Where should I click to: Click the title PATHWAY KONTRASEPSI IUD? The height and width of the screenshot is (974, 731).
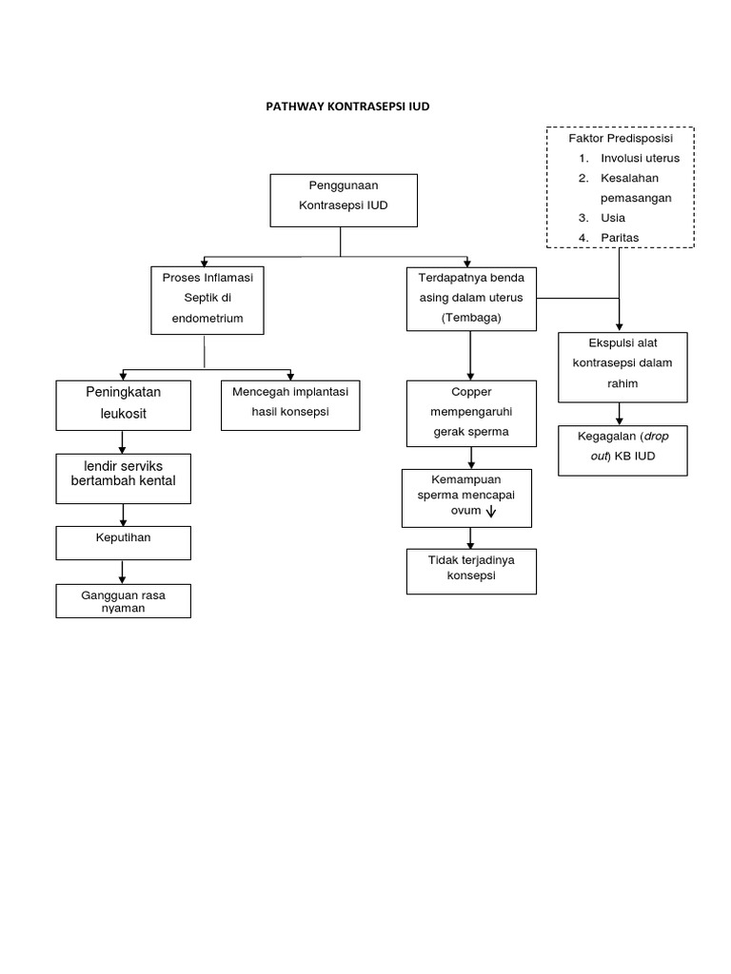347,107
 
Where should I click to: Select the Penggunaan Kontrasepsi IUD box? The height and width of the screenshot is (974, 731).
344,200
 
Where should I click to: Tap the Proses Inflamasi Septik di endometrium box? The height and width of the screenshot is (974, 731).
207,300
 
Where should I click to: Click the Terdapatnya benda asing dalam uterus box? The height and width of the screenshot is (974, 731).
471,299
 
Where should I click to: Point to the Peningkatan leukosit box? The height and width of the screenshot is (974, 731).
122,404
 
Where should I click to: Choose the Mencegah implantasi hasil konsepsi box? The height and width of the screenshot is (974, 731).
290,404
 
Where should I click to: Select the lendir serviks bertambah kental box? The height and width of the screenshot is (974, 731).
123,477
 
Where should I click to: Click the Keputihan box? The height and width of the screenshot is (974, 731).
123,542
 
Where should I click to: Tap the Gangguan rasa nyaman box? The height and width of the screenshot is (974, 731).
123,601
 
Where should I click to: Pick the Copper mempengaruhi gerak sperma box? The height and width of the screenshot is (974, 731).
471,413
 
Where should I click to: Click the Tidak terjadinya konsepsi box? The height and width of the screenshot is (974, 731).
471,571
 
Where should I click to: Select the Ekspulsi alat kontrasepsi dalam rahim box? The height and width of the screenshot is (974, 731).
622,365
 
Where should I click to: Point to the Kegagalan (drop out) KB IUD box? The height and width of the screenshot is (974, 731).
622,449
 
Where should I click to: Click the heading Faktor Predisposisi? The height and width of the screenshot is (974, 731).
620,139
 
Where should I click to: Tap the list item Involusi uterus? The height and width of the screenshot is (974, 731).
640,158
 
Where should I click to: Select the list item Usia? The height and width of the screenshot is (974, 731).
613,218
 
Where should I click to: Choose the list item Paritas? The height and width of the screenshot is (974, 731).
620,238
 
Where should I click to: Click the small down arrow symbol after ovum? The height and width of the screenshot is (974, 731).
491,512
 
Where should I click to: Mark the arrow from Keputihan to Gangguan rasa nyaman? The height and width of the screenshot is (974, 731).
123,571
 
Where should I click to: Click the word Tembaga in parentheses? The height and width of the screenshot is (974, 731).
471,318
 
